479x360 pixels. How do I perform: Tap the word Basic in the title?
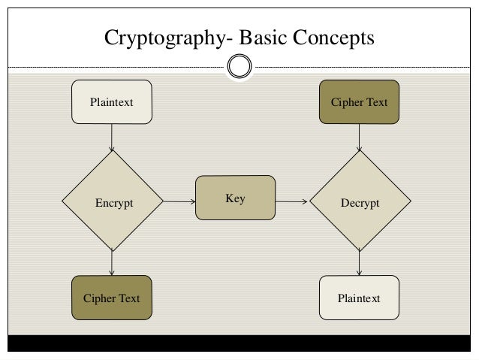click(x=252, y=36)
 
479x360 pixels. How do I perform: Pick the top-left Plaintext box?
click(x=111, y=101)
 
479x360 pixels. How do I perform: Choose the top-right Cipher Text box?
click(x=359, y=101)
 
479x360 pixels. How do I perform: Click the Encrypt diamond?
click(x=113, y=201)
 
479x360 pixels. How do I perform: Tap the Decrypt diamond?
click(x=360, y=201)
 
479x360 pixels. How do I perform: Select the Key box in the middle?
click(x=235, y=198)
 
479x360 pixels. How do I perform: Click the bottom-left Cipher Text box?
click(x=111, y=298)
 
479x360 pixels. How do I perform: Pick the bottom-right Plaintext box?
click(x=359, y=298)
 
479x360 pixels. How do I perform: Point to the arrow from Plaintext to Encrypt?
click(x=112, y=137)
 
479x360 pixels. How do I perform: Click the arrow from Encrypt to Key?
click(x=179, y=201)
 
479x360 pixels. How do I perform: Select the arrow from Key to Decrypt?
click(x=291, y=201)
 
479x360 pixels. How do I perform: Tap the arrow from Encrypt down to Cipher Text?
click(x=112, y=263)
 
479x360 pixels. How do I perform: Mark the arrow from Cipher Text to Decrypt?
click(x=360, y=137)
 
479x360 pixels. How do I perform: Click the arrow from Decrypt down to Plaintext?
click(x=360, y=263)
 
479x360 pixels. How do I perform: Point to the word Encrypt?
click(x=114, y=203)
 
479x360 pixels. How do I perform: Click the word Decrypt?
click(x=360, y=203)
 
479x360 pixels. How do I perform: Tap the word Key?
click(x=235, y=198)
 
